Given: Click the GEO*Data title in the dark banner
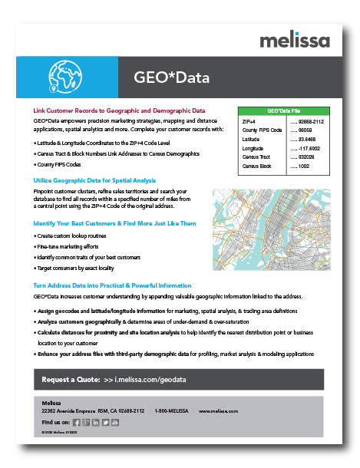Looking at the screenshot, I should click(170, 78).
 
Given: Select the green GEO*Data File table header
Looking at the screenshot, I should click(284, 111).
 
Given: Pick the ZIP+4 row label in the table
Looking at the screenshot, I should click(249, 121).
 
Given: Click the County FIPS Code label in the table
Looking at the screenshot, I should click(262, 130).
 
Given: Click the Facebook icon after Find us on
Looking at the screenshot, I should click(77, 422).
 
